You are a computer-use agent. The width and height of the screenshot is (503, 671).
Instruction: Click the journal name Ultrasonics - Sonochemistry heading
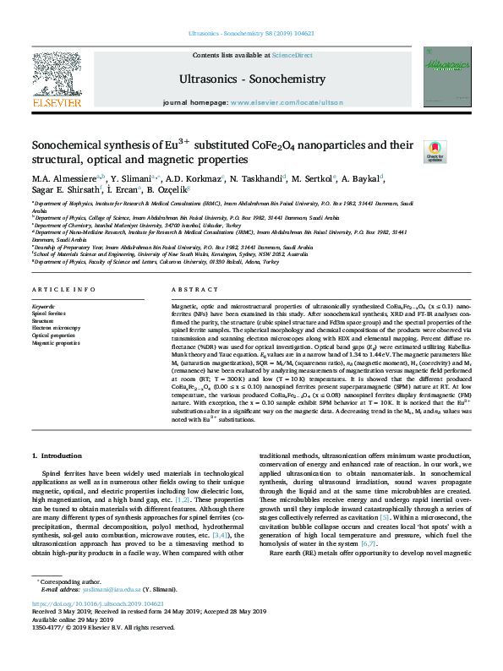click(x=252, y=79)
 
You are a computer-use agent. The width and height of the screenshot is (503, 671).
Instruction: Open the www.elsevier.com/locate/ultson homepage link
click(x=287, y=101)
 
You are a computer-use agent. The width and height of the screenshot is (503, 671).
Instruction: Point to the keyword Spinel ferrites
click(x=50, y=314)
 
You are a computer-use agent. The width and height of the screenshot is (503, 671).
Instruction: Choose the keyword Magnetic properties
click(x=57, y=343)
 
